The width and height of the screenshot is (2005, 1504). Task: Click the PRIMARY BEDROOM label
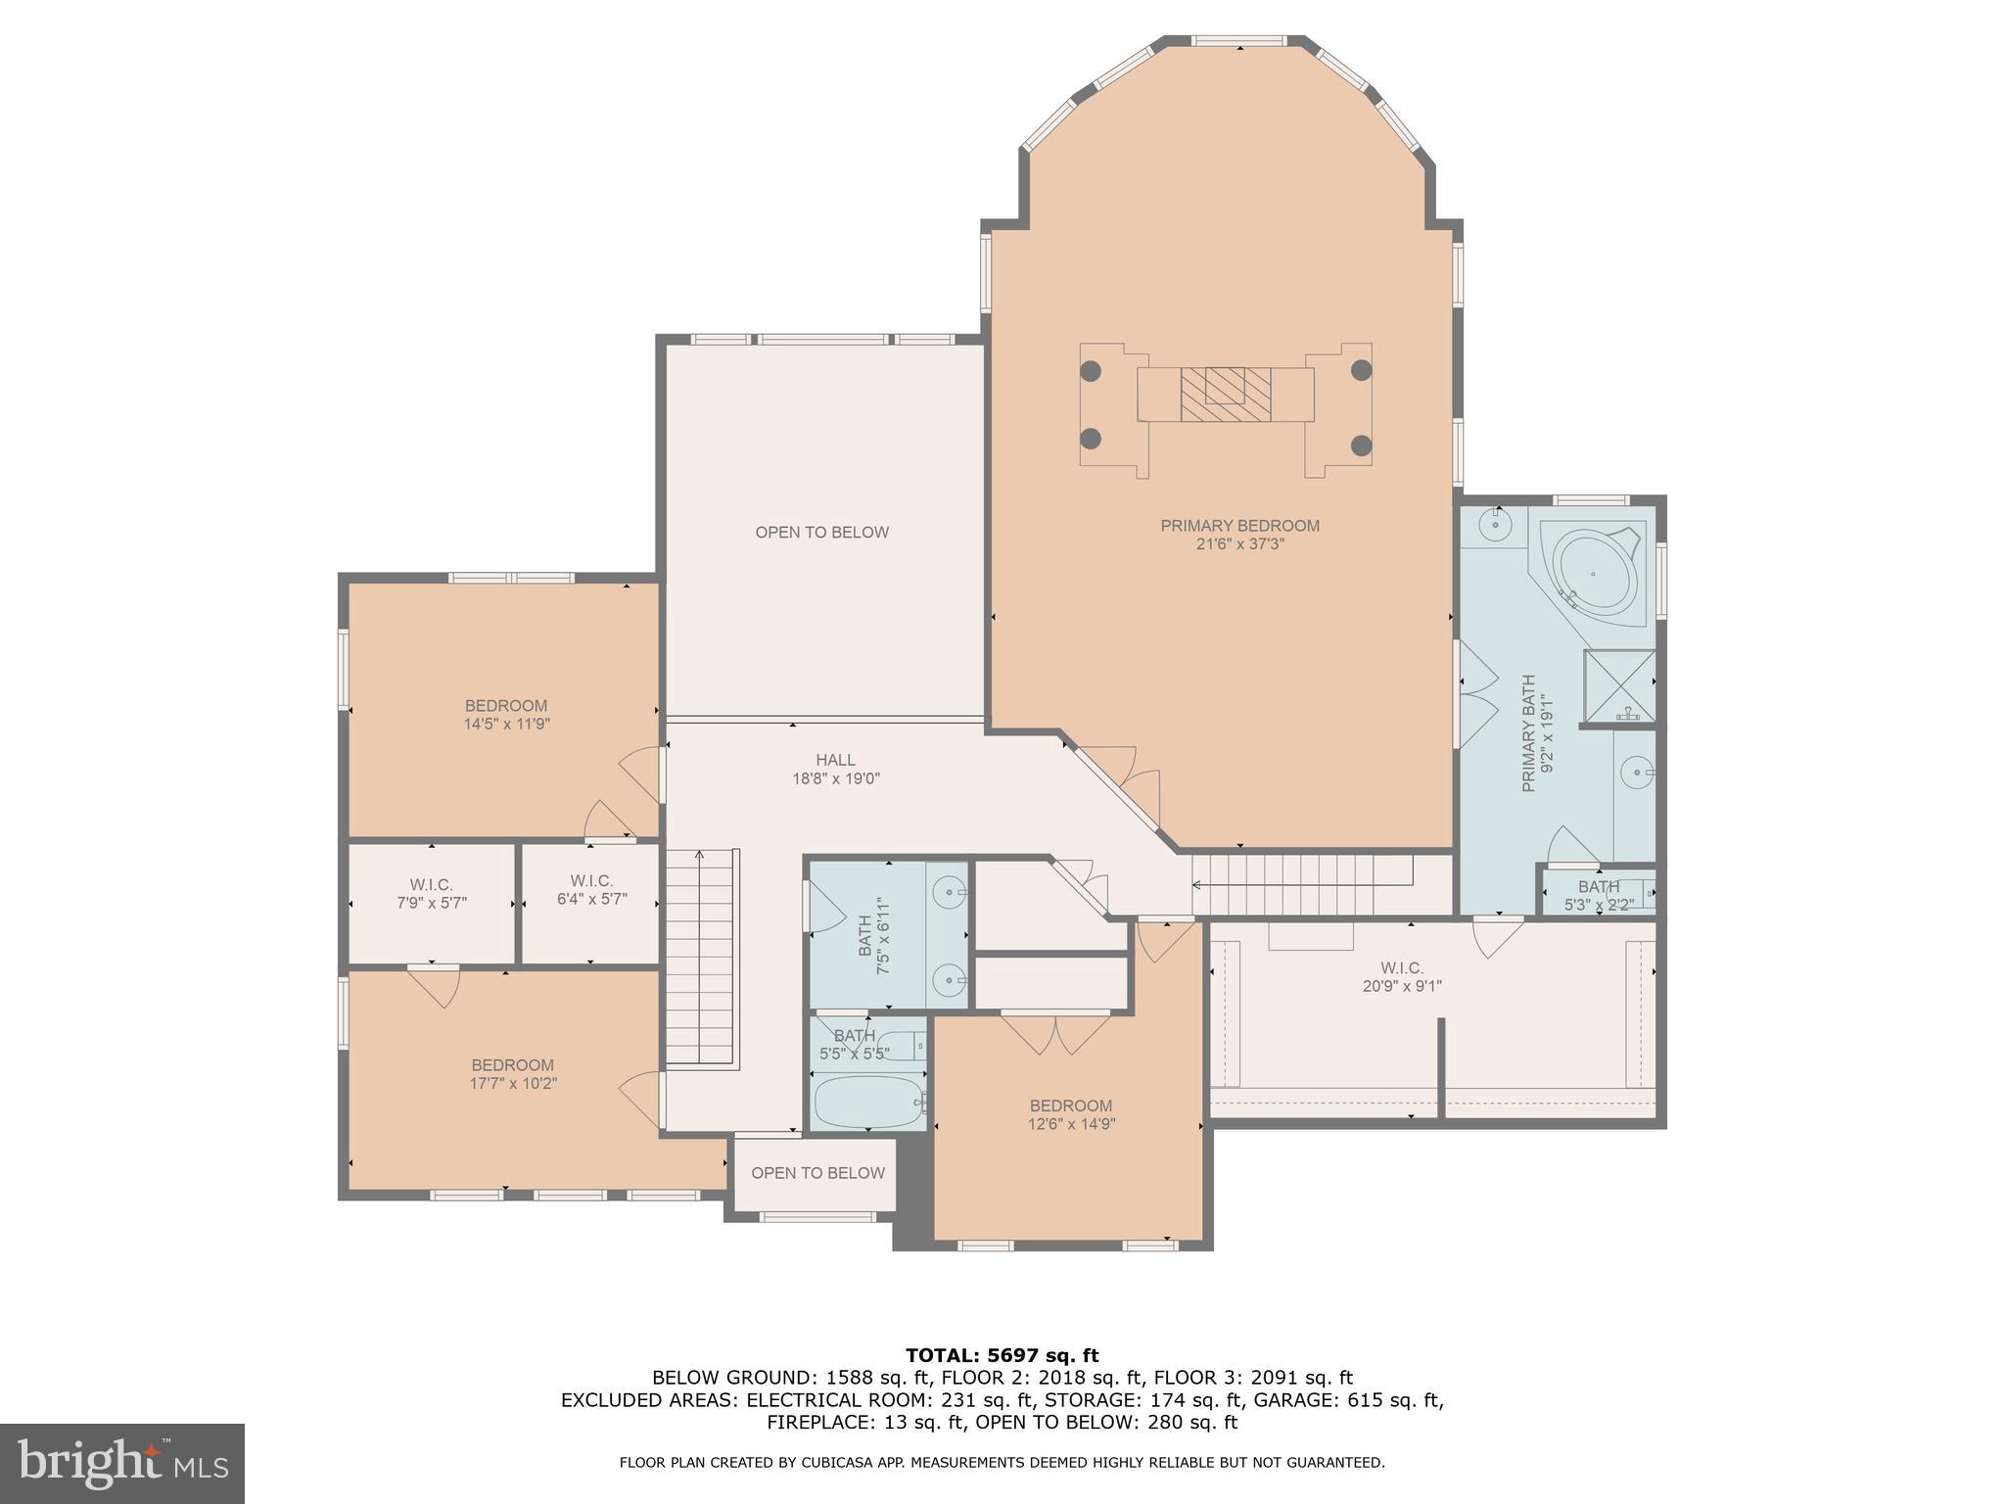coord(1239,526)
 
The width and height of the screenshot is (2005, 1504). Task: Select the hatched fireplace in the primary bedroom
coord(1225,394)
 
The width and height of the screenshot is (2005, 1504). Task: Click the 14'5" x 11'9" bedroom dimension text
coord(506,725)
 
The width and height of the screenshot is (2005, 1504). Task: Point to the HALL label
coord(835,760)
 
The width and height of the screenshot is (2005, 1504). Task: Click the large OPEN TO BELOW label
coord(821,533)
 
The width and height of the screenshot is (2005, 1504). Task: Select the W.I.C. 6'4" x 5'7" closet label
coord(591,889)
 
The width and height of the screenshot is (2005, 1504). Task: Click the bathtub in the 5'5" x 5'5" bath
coord(867,1103)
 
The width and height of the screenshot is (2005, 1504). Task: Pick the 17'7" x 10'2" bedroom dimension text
coord(512,1084)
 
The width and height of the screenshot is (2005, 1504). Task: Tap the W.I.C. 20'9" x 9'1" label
coord(1401,977)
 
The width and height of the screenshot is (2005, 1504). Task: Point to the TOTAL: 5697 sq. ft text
coord(1002,1356)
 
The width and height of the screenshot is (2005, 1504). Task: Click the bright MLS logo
coord(121,1463)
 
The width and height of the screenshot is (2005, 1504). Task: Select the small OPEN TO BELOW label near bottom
coord(817,1173)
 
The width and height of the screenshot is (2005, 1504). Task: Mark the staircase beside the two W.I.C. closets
coord(701,960)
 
